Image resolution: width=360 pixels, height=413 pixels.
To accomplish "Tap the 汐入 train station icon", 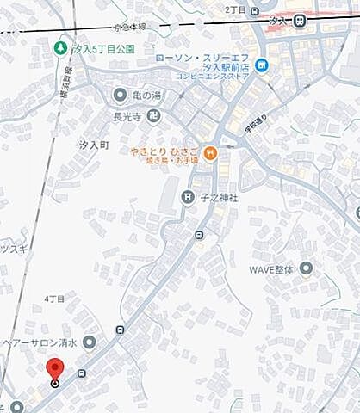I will click(299, 22).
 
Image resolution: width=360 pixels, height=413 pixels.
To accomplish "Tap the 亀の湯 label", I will click(147, 95).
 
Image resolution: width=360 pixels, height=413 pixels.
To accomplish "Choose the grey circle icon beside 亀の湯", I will click(120, 94).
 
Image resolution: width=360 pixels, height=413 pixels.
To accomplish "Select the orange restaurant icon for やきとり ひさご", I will click(211, 153).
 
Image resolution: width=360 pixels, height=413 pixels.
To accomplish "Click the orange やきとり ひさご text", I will click(164, 152).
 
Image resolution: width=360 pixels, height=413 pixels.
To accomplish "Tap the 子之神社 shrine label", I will click(220, 198).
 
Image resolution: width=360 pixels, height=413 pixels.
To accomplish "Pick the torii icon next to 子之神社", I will click(187, 197).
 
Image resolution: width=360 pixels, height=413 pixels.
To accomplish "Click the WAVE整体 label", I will click(271, 269).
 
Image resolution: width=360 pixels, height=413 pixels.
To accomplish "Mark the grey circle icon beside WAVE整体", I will click(306, 269).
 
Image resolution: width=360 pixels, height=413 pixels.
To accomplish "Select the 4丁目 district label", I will click(54, 298).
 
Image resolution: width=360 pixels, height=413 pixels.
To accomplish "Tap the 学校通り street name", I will click(254, 126).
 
